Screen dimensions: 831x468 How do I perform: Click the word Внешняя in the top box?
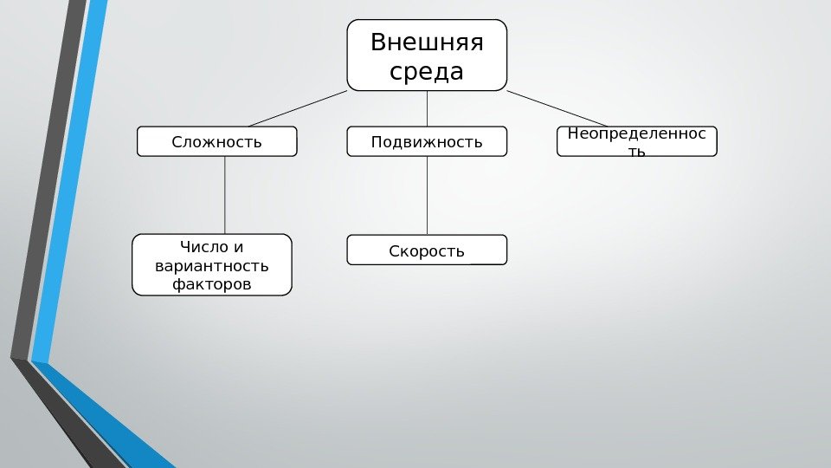[x=427, y=42]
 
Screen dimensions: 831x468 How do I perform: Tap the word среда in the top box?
[x=427, y=71]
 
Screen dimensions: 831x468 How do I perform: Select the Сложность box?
[x=216, y=141]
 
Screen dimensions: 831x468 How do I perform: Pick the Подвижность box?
[x=427, y=141]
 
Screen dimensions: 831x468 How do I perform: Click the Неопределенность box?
[x=637, y=141]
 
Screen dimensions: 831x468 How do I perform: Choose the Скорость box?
[x=427, y=250]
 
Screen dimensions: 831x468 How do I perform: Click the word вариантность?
[x=212, y=265]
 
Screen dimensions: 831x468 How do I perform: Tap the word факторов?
[x=212, y=283]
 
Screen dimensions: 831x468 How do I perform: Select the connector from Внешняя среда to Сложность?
[x=297, y=108]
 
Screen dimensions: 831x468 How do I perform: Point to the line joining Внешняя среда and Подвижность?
[x=428, y=108]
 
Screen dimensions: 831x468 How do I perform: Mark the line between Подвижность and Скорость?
[x=428, y=195]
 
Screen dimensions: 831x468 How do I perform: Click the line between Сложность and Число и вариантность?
[x=225, y=195]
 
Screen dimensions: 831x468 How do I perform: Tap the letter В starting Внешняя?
[x=377, y=42]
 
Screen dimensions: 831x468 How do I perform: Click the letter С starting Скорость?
[x=394, y=251]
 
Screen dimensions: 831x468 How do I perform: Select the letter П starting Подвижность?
[x=376, y=141]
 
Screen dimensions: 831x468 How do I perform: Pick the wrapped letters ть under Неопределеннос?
[x=637, y=153]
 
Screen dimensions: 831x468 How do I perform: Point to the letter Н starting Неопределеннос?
[x=571, y=133]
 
